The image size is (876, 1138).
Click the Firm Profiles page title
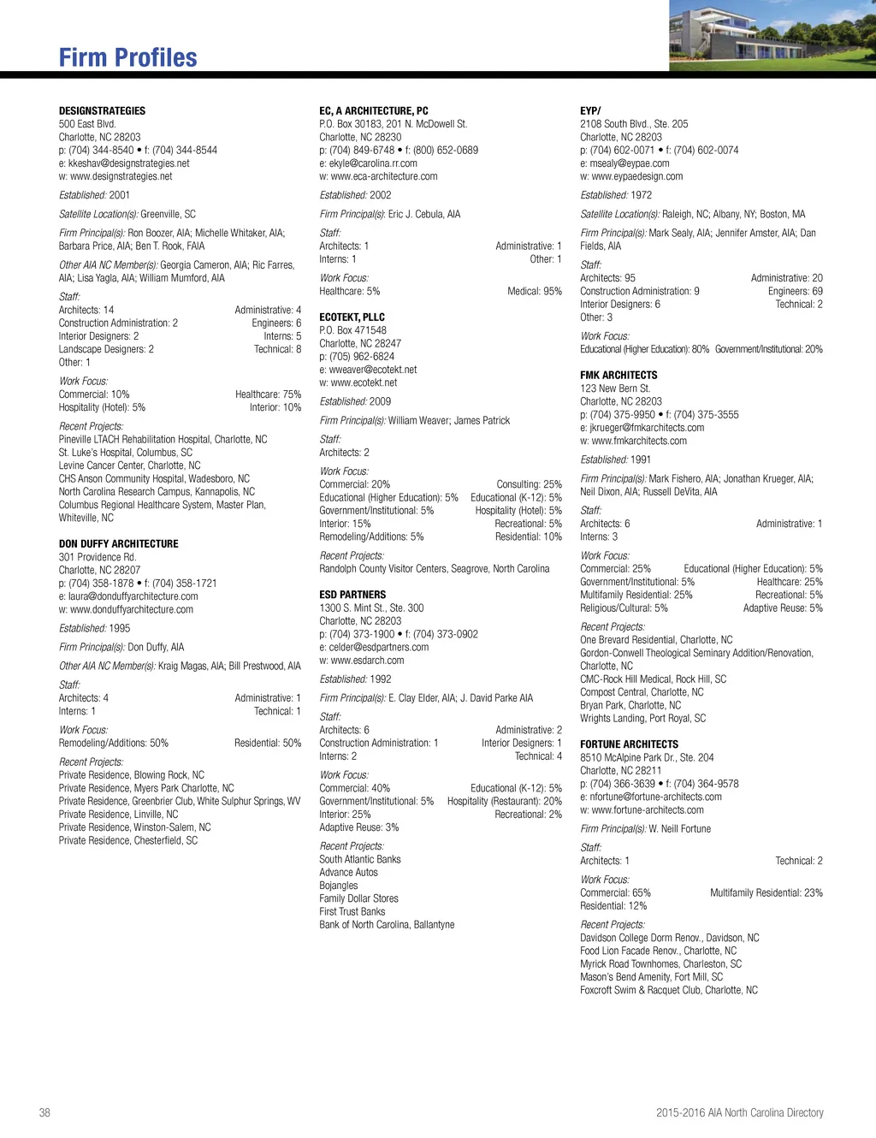tap(127, 57)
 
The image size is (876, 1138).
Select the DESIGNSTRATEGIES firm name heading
tap(102, 111)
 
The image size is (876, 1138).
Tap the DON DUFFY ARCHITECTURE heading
tap(118, 544)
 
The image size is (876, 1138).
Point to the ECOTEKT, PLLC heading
tap(352, 317)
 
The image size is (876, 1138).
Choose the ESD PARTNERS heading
tap(352, 595)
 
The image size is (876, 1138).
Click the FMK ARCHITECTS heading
tap(619, 376)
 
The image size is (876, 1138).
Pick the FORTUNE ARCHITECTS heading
tap(629, 744)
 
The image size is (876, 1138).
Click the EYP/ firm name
tap(590, 111)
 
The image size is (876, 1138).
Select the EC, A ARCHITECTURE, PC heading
tap(374, 111)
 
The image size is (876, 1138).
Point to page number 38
tap(44, 1113)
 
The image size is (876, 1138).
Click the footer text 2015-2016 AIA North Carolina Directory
tap(739, 1113)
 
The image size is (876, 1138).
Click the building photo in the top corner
tap(772, 35)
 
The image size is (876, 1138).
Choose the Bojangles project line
tap(339, 886)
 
